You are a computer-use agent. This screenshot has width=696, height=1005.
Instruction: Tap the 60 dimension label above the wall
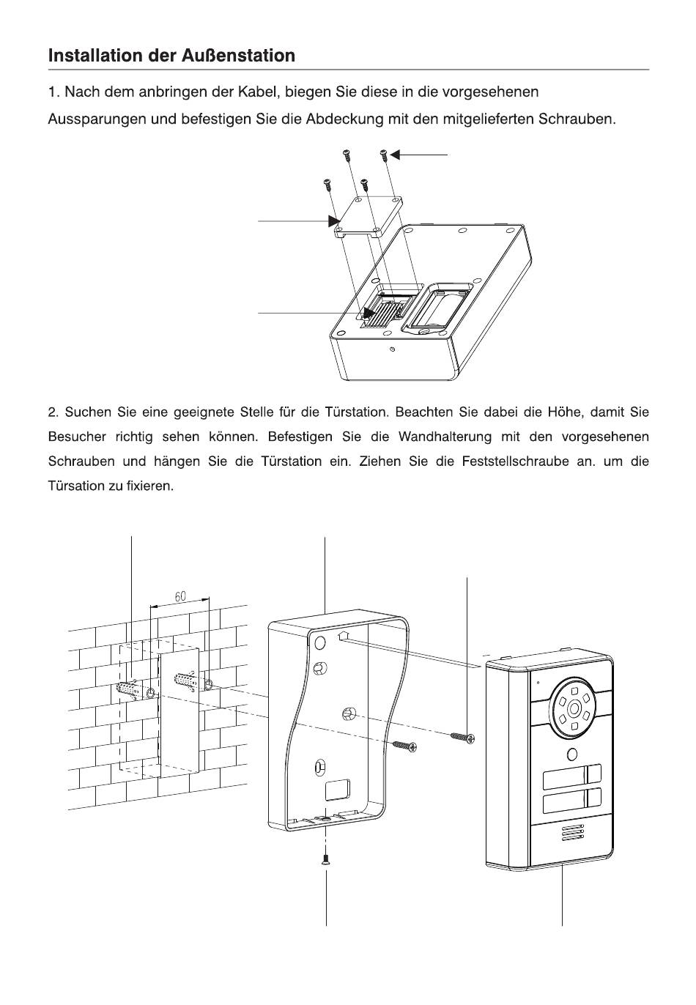180,597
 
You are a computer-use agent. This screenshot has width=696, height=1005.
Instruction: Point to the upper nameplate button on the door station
571,775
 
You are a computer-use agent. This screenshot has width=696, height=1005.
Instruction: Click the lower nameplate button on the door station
571,799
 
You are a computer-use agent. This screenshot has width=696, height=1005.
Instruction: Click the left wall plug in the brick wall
129,690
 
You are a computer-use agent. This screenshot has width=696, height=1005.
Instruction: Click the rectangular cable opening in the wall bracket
338,790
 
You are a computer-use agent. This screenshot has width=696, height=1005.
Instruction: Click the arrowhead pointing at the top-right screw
396,155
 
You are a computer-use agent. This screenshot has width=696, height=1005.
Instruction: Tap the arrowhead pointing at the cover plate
335,220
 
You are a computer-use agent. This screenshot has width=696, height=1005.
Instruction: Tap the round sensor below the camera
571,755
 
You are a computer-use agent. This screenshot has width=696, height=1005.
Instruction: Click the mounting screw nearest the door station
462,735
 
